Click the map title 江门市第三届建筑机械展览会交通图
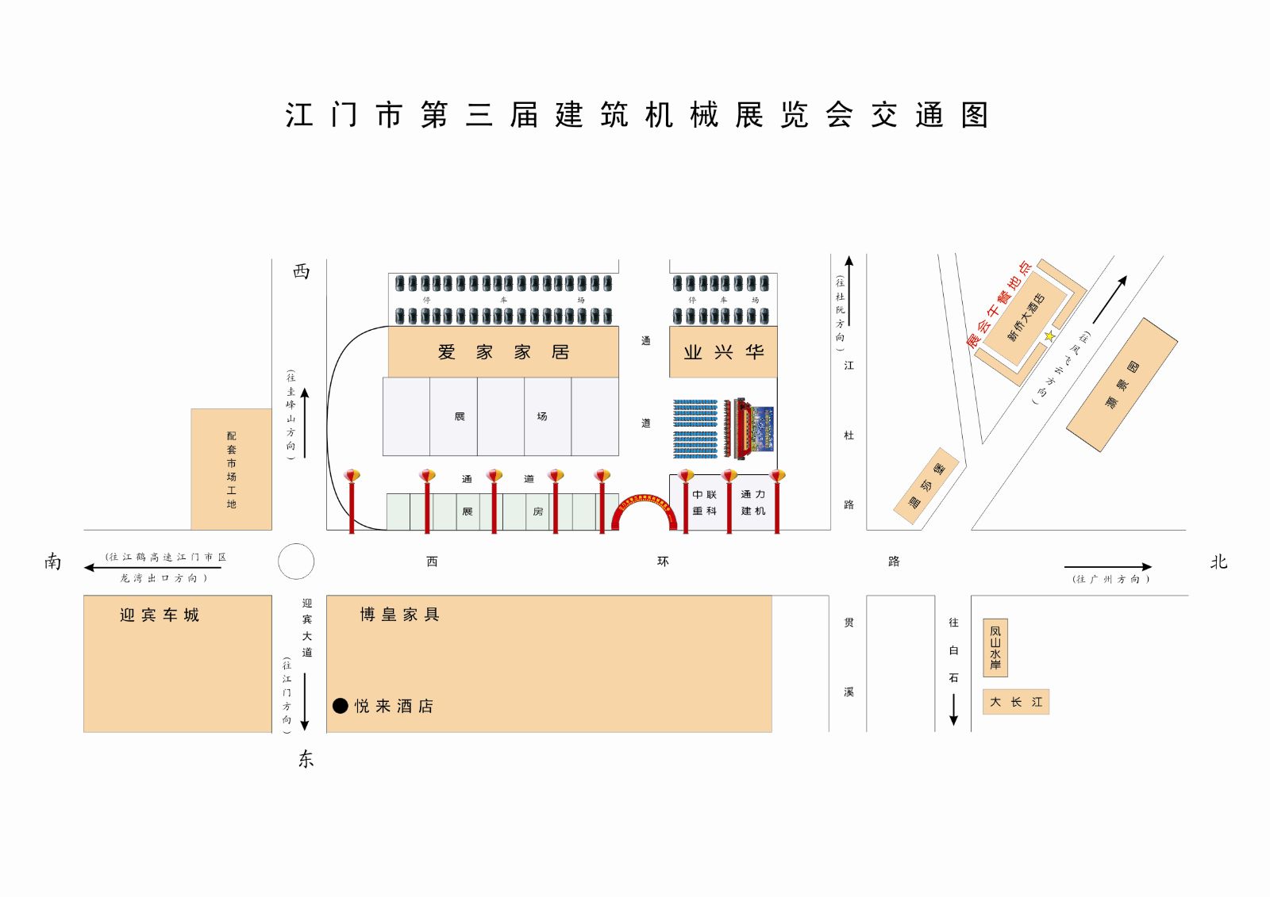coord(637,115)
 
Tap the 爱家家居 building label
coord(503,352)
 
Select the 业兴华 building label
coord(723,352)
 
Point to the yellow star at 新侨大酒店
coord(1049,336)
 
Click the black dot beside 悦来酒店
coord(341,706)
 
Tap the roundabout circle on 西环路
coord(296,562)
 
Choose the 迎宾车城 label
coord(160,615)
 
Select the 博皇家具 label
coord(399,615)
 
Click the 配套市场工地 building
coord(231,470)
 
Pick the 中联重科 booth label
coord(704,503)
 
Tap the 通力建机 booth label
coord(753,503)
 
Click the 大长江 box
coord(1016,702)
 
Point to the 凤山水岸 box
coord(995,647)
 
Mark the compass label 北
coord(1218,562)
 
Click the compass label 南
coord(52,562)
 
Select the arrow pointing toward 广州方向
coord(1107,566)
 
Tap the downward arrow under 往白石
coord(953,709)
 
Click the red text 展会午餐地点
coord(999,304)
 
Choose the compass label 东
coord(306,759)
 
